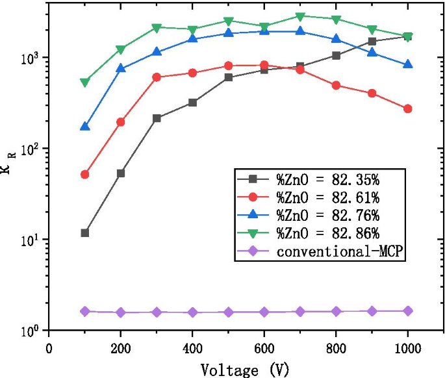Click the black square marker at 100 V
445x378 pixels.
pos(85,233)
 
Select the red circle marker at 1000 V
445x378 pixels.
pos(407,108)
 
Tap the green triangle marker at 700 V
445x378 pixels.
pos(300,16)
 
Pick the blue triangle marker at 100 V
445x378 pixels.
pos(85,126)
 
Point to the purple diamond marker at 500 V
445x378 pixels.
pos(229,312)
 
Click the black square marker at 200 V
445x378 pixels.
pos(121,173)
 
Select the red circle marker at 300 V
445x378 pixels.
pos(157,77)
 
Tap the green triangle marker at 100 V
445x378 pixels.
pos(85,82)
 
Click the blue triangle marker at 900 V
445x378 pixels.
pos(372,52)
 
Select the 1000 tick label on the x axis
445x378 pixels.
pos(407,347)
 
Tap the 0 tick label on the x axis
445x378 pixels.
pos(49,347)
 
